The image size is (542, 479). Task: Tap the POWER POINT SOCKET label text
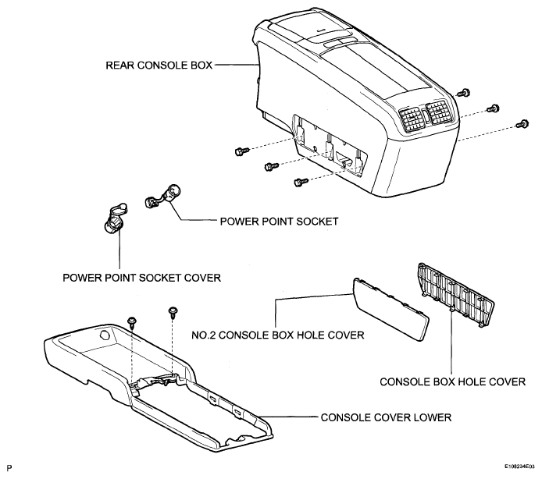pos(279,221)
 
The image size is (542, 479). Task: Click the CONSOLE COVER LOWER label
pos(386,417)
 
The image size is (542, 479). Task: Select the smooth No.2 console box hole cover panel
pos(390,307)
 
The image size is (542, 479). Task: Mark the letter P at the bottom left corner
pos(8,467)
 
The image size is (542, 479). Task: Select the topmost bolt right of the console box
pos(464,93)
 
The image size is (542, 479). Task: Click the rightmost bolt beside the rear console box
pos(523,123)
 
